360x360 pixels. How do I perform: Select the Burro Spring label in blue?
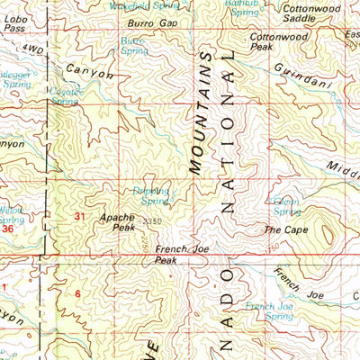[132, 45]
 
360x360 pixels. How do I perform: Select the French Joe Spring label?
[271, 311]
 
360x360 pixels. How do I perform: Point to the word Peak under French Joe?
[165, 261]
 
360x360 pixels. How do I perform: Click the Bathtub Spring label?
[243, 9]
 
